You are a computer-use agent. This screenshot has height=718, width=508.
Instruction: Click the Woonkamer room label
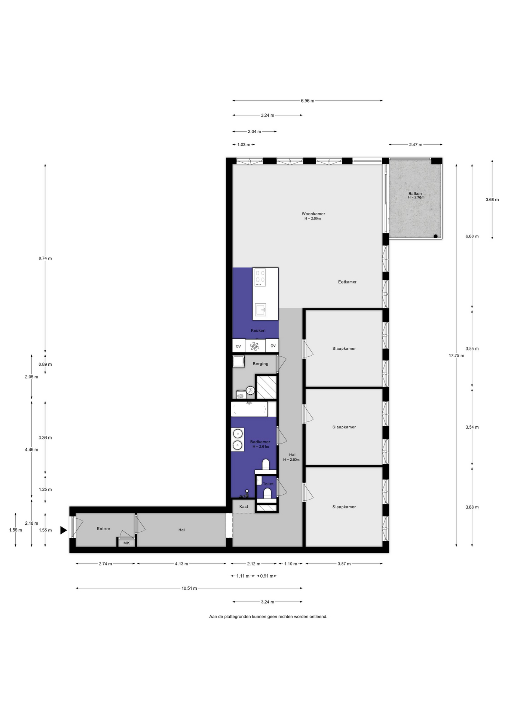pos(313,214)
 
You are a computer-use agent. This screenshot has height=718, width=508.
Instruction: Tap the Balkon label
pos(415,194)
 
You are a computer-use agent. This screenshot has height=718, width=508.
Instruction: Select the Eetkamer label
pos(347,282)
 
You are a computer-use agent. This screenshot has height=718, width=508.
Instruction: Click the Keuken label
pos(258,331)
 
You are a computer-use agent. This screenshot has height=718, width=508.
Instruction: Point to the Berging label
pos(260,364)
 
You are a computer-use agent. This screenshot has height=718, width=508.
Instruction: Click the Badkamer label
pos(260,442)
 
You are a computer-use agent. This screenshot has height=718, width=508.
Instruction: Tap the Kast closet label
pos(244,507)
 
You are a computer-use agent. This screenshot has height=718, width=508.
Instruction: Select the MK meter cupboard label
pos(126,543)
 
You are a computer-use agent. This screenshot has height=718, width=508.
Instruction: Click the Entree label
pos(104,529)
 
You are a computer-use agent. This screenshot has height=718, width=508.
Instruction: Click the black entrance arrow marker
pos(63,530)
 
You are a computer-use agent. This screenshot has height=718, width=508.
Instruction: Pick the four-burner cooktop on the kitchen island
pos(260,277)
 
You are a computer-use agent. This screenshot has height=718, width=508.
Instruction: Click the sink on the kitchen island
pos(261,310)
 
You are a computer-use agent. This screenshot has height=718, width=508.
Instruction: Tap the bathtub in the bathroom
pos(249,409)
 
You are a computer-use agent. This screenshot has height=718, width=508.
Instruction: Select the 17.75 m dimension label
pos(456,356)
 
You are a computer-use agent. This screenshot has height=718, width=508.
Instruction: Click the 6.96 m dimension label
pos(307,101)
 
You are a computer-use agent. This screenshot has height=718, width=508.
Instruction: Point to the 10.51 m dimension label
pos(189,588)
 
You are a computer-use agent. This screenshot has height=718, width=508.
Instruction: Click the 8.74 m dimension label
pos(45,258)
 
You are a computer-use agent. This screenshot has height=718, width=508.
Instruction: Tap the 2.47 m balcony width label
pos(416,145)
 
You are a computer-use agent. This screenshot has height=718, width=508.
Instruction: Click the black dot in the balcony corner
pos(436,236)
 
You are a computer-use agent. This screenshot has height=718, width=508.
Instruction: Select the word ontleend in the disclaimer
pos(318,617)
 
